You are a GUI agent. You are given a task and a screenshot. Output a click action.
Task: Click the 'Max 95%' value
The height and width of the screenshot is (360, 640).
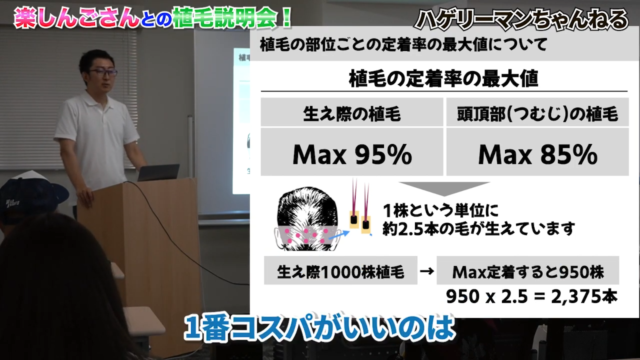[x=352, y=155]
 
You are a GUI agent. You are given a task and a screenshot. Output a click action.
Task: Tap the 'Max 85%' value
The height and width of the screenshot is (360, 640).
[x=537, y=155]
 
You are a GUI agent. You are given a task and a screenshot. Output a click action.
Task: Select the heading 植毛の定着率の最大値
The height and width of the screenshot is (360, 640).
[x=443, y=79]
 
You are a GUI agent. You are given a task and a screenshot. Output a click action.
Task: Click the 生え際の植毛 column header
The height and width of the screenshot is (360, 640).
[x=352, y=114]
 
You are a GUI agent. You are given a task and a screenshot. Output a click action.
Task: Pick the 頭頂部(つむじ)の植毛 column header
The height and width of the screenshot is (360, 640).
[x=537, y=114]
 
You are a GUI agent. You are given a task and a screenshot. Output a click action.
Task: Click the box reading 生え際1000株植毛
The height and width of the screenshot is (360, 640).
[x=340, y=272]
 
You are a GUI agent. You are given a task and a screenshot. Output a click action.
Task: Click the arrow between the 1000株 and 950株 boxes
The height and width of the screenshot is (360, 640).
[x=426, y=272]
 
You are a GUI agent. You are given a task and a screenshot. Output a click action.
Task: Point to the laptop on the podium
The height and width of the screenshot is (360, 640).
[x=158, y=173]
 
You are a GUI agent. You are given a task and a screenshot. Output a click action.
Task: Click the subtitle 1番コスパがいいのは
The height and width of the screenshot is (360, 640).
[x=320, y=329]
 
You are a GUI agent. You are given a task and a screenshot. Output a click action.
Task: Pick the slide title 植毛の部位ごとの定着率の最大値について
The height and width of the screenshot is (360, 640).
[x=403, y=45]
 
